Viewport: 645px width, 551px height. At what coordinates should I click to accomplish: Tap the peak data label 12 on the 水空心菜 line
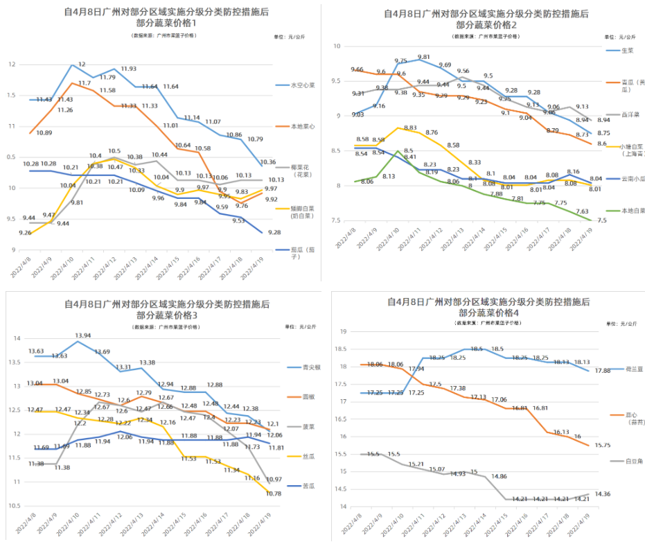coord(82,64)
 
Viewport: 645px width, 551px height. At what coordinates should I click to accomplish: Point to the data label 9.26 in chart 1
coord(24,233)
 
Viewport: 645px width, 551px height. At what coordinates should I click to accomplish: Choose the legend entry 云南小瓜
coord(629,179)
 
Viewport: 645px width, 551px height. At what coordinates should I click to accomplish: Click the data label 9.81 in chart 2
coord(424,58)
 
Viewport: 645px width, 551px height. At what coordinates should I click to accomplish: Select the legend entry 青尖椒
coord(311,367)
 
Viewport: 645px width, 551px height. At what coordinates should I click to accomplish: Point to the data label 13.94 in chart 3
coord(82,335)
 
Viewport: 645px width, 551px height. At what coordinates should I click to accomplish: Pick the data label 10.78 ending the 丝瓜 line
coord(274,493)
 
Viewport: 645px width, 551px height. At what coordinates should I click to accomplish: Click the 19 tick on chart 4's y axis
coord(342,332)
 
